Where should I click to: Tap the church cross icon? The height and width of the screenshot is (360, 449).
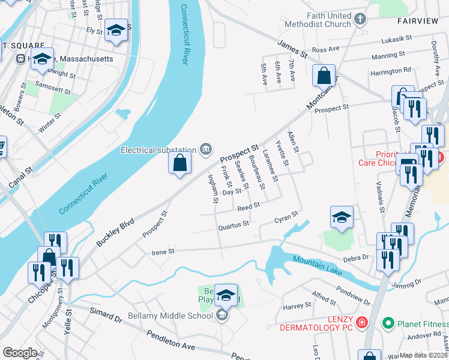[x=360, y=19]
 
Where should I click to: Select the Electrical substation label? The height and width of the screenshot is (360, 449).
[x=158, y=149]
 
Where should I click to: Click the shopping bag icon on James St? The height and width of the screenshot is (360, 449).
[x=324, y=76]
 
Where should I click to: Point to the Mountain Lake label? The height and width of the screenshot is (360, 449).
[x=318, y=265]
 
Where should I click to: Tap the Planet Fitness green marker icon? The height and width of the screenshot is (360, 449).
[x=389, y=323]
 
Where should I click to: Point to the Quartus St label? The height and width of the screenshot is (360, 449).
[x=234, y=224]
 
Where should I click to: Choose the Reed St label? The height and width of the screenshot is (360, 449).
[x=248, y=206]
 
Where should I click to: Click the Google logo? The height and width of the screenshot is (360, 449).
[x=20, y=353]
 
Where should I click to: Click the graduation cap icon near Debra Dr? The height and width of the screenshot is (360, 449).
[x=342, y=217]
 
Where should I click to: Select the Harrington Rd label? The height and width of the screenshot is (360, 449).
[x=390, y=71]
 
